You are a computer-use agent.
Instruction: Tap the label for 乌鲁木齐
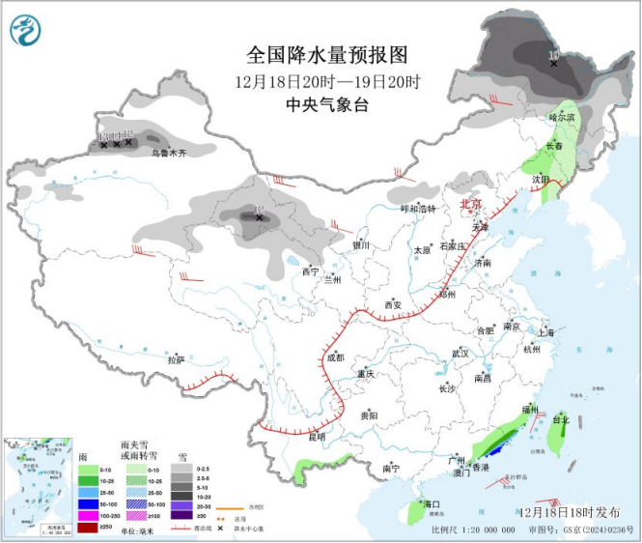[x=168, y=153]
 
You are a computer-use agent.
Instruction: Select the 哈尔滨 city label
[x=561, y=117]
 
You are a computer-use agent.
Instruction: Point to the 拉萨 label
[x=175, y=359]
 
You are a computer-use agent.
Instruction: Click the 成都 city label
[x=334, y=357]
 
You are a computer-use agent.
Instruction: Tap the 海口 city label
[x=431, y=504]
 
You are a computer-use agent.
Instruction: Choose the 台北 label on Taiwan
[x=561, y=420]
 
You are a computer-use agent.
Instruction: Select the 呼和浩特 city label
[x=419, y=208]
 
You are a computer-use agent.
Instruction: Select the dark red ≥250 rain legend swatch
[x=87, y=527]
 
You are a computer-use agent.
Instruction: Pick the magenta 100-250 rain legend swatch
[x=87, y=515]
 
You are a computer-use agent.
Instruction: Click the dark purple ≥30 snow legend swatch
[x=181, y=515]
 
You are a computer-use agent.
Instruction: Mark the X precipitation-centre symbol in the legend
[x=221, y=529]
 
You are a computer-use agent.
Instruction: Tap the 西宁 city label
[x=309, y=271]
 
